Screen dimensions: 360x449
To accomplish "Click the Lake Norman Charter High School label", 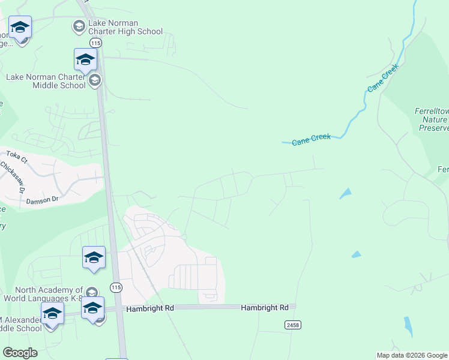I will coord(125,27).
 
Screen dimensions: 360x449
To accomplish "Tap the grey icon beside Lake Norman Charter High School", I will coord(79,26).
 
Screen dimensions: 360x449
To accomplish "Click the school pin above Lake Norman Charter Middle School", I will coord(85,60).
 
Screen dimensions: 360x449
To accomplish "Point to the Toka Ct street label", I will coord(17,158).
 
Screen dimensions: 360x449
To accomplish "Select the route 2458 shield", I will coord(292,325).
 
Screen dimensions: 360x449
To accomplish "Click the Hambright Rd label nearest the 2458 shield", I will coord(265,307).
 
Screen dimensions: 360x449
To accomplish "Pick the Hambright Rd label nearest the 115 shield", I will coord(149,308).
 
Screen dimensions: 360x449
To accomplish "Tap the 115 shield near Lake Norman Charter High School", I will coord(95,43).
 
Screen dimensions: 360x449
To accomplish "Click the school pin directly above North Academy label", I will coord(94,258).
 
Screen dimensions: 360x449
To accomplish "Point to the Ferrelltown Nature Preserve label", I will coord(432,119).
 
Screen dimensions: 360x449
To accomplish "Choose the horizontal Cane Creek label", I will coord(311,140).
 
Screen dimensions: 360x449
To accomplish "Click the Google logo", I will coord(20,352).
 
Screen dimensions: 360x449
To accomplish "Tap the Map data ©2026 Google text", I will coord(412,355).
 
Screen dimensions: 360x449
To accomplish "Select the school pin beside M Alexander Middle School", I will coord(52,313).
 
